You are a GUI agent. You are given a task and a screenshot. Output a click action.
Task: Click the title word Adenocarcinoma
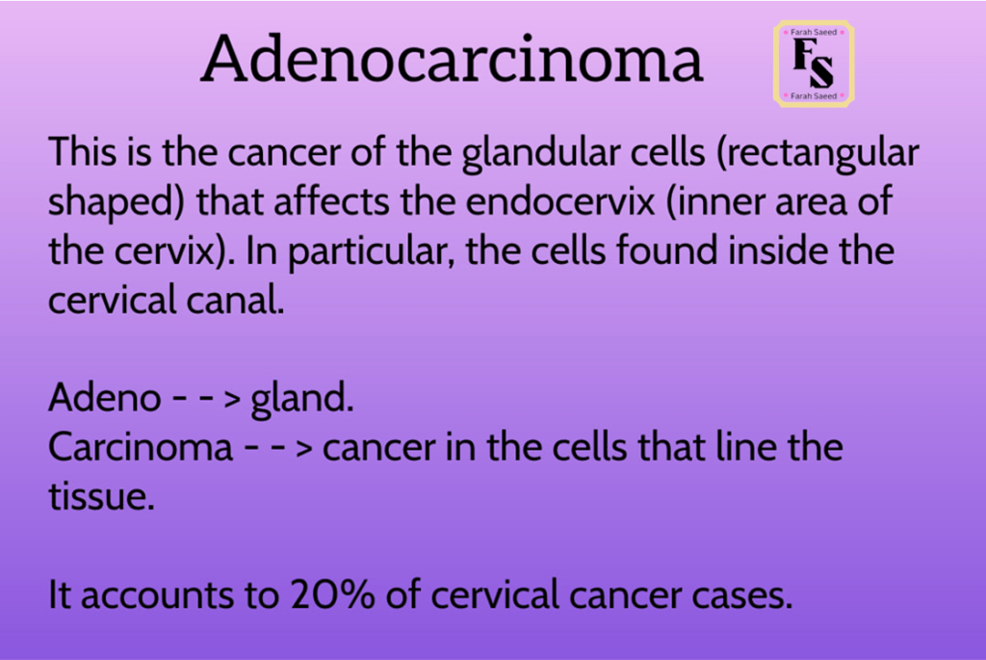[x=452, y=59]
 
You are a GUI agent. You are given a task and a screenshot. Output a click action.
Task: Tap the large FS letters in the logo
[x=813, y=63]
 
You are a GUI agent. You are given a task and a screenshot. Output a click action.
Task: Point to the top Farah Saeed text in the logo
[x=814, y=32]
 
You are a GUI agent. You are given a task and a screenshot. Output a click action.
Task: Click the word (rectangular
[x=817, y=153]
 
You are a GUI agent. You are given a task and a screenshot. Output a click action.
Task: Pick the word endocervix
[x=560, y=201]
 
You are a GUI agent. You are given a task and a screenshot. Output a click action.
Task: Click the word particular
[x=371, y=251]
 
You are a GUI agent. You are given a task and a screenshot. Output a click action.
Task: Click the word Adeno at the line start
[x=104, y=398]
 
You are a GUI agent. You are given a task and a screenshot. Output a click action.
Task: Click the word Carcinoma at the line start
[x=141, y=447]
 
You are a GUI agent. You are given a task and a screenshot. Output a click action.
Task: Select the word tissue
[x=101, y=497]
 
